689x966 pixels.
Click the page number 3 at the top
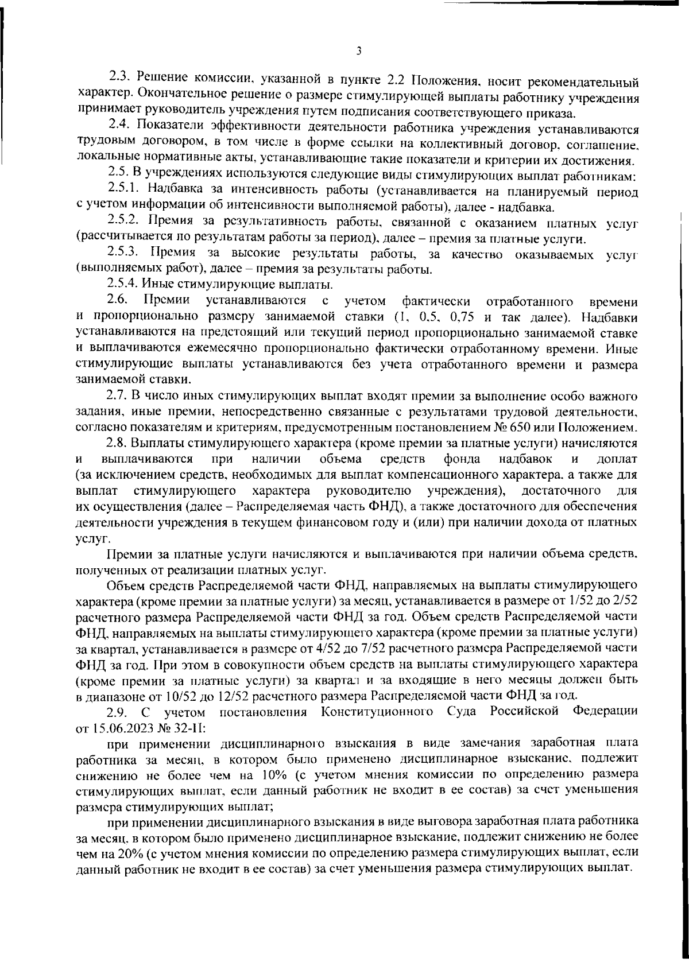click(358, 51)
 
